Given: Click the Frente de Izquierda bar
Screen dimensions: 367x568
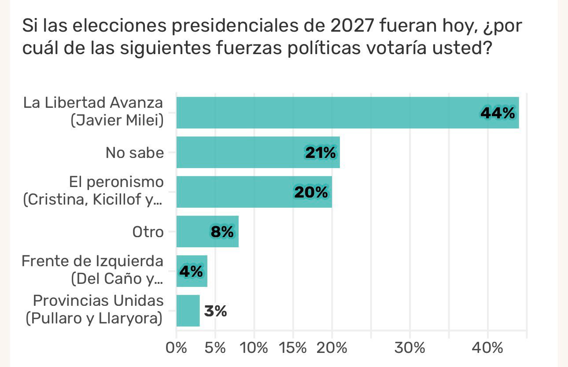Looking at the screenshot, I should click(192, 271).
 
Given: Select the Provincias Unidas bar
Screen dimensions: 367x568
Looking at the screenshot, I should click(188, 311).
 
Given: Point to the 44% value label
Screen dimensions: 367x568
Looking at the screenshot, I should click(498, 113).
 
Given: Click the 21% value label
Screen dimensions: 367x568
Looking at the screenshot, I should click(320, 153).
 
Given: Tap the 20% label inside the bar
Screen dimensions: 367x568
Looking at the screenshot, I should click(311, 192).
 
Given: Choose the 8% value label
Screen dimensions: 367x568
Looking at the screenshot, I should click(222, 232).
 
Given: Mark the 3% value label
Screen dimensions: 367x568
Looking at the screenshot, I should click(215, 311).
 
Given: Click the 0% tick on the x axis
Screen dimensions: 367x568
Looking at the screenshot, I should click(176, 348).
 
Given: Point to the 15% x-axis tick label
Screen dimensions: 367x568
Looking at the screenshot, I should click(293, 348).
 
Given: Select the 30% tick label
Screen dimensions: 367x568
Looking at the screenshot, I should click(409, 348).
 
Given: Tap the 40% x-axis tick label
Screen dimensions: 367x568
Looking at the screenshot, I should click(487, 348).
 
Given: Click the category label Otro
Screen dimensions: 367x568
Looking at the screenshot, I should click(148, 232).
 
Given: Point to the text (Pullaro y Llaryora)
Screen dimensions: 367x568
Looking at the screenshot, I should click(93, 319).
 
